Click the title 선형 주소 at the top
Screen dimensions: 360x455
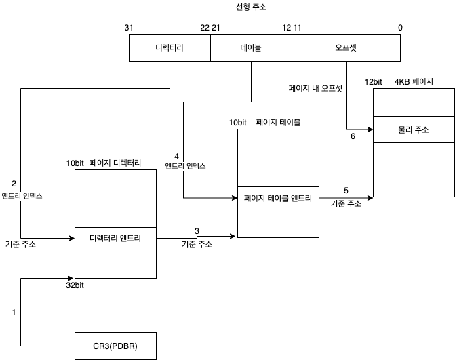[252, 7]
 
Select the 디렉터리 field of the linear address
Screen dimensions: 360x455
[170, 48]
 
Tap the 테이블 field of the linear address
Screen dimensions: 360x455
[251, 48]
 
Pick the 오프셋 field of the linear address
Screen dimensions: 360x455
[347, 48]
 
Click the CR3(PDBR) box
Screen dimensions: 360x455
[115, 346]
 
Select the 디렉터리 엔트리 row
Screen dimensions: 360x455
[115, 238]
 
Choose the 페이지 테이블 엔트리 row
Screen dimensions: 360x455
[278, 198]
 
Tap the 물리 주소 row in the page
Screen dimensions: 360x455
[413, 129]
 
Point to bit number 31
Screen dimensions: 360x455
[129, 27]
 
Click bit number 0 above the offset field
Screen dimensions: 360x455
[400, 27]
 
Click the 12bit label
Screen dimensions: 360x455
[374, 82]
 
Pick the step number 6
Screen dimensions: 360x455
[353, 136]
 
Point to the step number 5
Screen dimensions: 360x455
[346, 191]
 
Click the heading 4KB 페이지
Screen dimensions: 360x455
[414, 82]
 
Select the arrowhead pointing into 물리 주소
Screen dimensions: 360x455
[370, 129]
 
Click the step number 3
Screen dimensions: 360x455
[197, 231]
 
